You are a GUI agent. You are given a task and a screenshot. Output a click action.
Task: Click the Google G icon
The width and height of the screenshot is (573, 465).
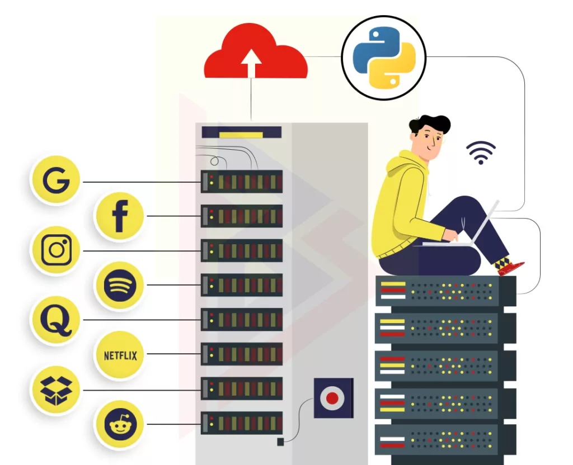55,182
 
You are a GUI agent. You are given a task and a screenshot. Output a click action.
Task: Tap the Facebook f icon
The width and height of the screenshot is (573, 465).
119,216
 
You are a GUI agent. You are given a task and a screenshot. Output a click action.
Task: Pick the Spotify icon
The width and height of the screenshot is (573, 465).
119,285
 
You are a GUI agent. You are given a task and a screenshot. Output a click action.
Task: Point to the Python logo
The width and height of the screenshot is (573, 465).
384,58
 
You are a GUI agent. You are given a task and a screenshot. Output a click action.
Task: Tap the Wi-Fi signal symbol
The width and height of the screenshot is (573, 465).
481,153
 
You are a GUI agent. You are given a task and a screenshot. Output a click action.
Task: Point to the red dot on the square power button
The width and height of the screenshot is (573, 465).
332,398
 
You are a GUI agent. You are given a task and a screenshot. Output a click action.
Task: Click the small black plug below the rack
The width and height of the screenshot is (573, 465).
280,442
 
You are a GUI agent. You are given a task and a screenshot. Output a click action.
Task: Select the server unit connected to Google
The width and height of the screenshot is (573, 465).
242,182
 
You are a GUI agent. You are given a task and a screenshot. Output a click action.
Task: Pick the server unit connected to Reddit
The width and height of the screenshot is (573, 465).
242,424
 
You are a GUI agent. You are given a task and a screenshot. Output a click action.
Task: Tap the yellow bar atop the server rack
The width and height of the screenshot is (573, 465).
241,134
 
